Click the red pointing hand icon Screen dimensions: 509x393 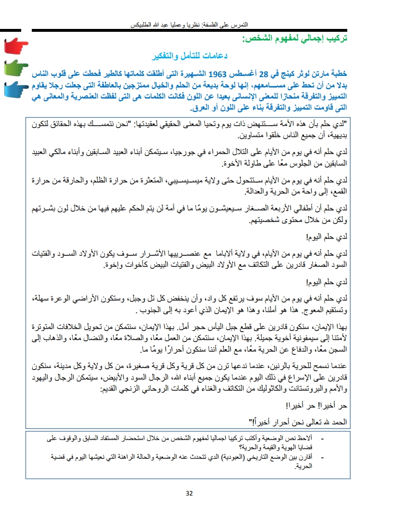15,47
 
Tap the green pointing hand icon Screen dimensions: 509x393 15,68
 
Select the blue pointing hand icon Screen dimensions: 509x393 15,90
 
